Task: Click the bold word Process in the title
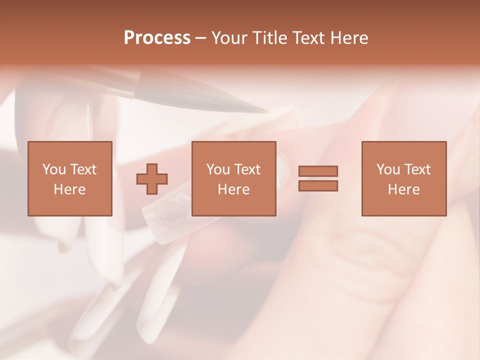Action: pyautogui.click(x=157, y=38)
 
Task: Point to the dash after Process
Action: pyautogui.click(x=200, y=38)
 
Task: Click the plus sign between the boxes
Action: pyautogui.click(x=152, y=178)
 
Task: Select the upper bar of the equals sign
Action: pyautogui.click(x=318, y=171)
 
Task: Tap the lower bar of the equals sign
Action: pyautogui.click(x=318, y=185)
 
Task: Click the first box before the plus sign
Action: pyautogui.click(x=69, y=178)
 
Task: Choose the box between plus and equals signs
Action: pyautogui.click(x=233, y=178)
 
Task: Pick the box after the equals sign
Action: pyautogui.click(x=403, y=178)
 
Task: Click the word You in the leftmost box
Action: pyautogui.click(x=54, y=169)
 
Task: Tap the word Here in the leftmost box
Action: pyautogui.click(x=69, y=189)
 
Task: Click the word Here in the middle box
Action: pyautogui.click(x=233, y=189)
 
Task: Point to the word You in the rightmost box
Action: pyautogui.click(x=388, y=169)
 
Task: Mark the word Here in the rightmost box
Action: pyautogui.click(x=403, y=189)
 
